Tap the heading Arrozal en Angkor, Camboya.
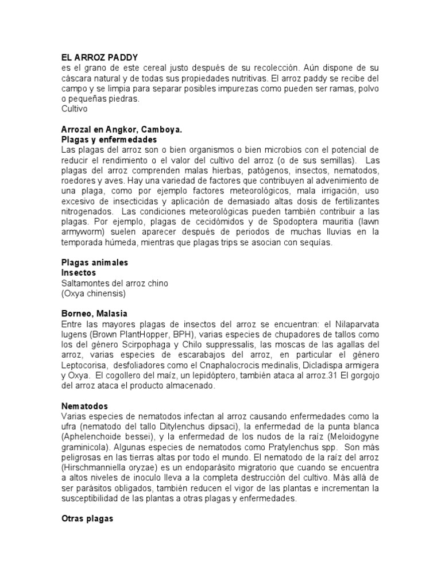click(x=121, y=129)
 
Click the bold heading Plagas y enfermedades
click(x=109, y=140)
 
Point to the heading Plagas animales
click(x=95, y=262)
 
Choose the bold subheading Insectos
click(x=79, y=272)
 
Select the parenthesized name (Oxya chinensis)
click(x=93, y=293)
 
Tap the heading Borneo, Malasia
click(x=94, y=314)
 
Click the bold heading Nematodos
click(x=84, y=406)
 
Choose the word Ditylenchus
click(x=176, y=427)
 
